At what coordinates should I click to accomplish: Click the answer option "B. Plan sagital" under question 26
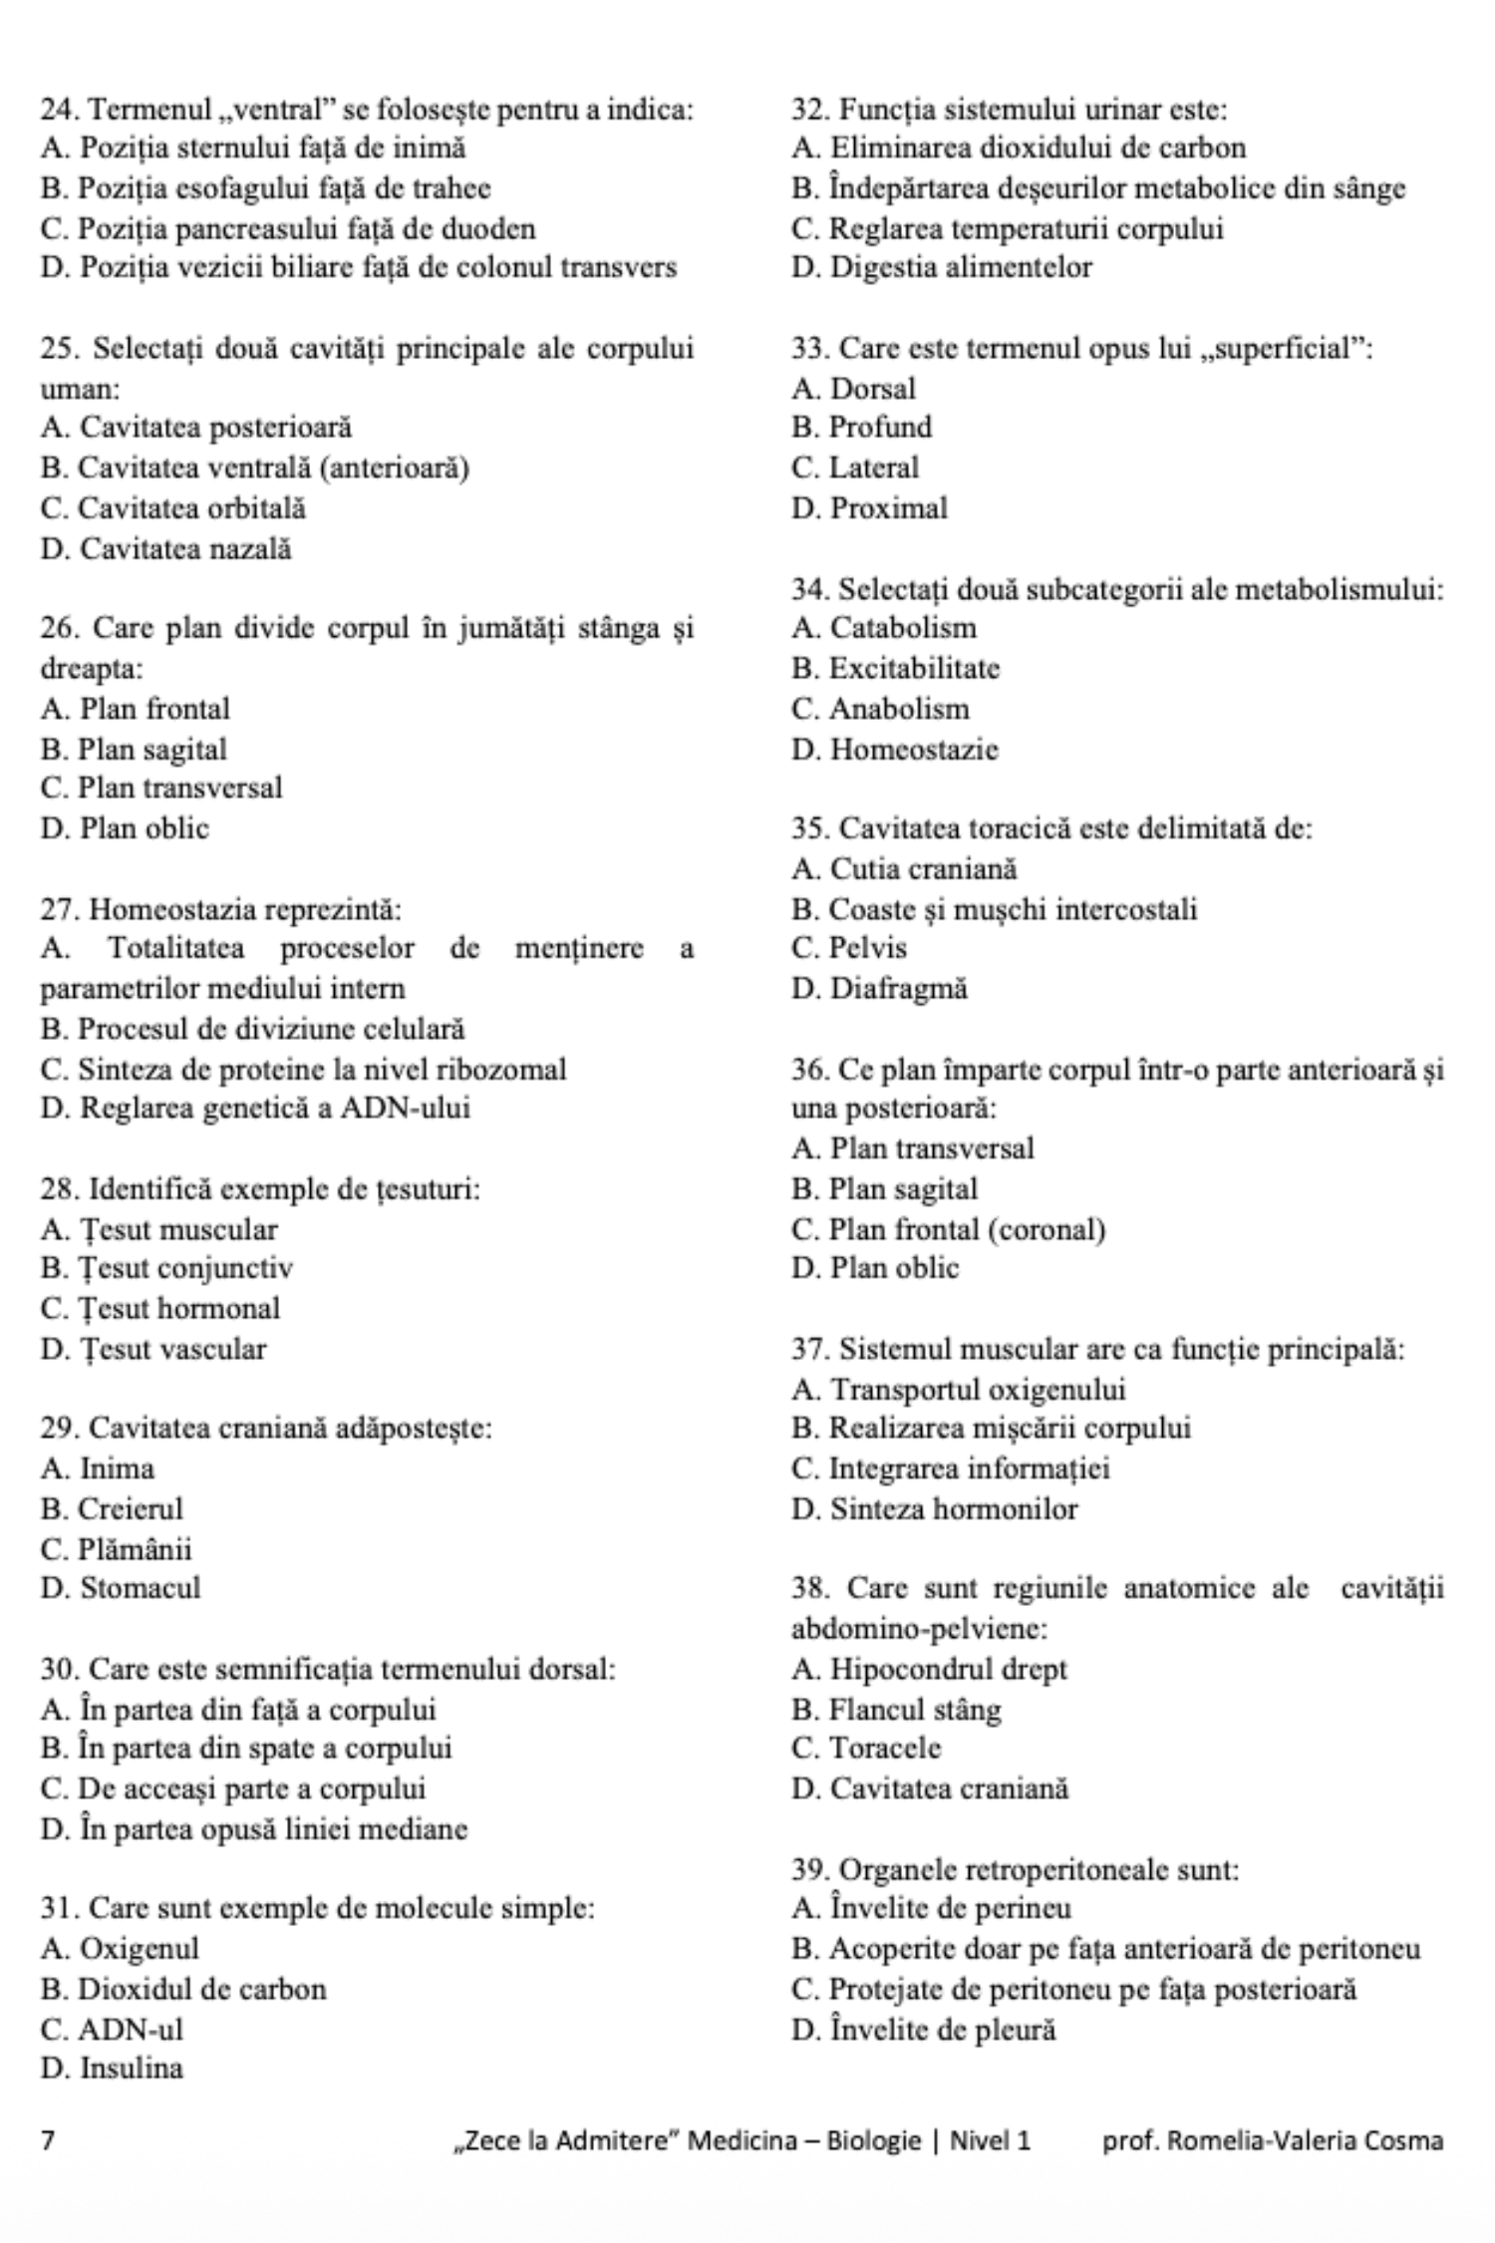coord(134,749)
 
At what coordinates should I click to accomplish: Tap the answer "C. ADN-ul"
coord(112,2029)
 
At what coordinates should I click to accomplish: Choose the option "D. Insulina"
coord(112,2069)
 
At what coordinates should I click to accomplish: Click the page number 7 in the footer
coord(47,2139)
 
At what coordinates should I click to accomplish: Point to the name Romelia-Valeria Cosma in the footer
coord(1305,2139)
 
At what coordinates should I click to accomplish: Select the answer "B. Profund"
coord(862,428)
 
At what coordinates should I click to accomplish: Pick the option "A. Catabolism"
coord(884,628)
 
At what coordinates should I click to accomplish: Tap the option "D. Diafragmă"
coord(879,989)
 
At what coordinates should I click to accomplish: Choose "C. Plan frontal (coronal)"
coord(949,1229)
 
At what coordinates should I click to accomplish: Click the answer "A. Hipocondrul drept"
coord(929,1669)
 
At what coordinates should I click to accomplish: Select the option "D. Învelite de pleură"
coord(924,2029)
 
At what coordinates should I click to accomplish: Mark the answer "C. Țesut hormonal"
coord(160,1308)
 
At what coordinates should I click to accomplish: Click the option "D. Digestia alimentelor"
coord(942,267)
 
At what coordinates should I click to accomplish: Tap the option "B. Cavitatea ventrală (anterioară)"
coord(255,468)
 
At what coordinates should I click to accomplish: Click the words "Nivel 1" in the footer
coord(990,2139)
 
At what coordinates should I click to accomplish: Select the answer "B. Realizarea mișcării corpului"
coord(992,1429)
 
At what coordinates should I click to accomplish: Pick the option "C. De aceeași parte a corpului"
coord(233,1788)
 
